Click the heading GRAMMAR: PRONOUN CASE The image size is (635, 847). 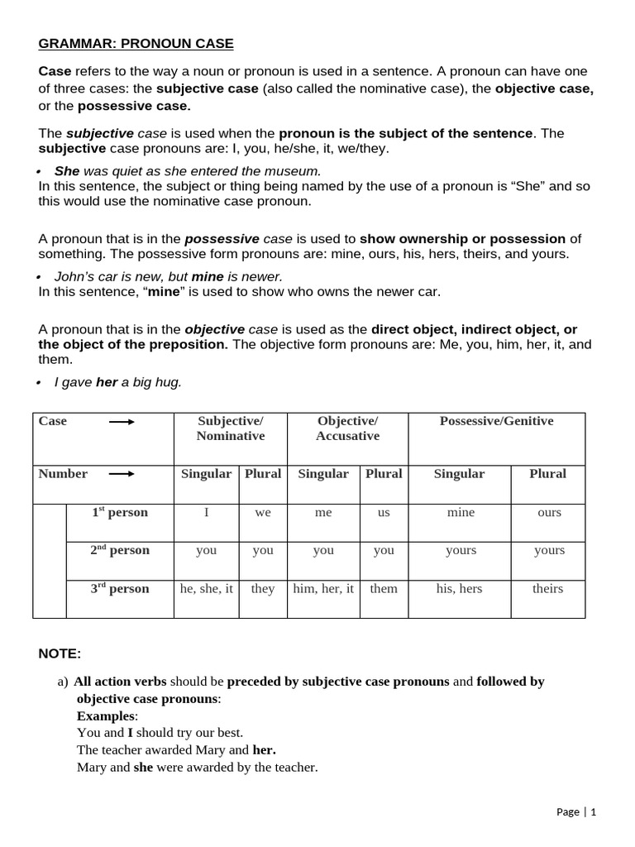(x=136, y=43)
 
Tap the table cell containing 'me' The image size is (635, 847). (x=323, y=513)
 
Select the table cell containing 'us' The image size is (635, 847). (x=384, y=513)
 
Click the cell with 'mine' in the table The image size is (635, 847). (x=461, y=513)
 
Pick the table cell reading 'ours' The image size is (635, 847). (x=549, y=513)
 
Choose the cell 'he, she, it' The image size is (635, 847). (x=207, y=589)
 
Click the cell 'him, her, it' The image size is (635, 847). (x=323, y=589)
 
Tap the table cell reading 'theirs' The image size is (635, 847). (x=547, y=589)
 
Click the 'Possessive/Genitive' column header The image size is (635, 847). (x=496, y=421)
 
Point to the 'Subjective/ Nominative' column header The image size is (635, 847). (x=231, y=428)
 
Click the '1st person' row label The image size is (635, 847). (x=120, y=513)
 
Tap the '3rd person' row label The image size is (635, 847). (x=120, y=589)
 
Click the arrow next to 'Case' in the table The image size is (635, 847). (x=122, y=422)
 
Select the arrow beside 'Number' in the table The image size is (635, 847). (x=122, y=475)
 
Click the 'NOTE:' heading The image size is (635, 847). (x=60, y=654)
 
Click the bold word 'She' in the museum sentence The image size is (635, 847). (x=67, y=171)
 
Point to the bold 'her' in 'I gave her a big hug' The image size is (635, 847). (x=107, y=382)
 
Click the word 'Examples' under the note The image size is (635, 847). (x=105, y=715)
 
